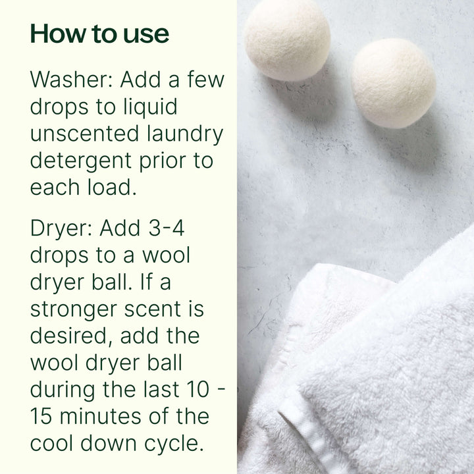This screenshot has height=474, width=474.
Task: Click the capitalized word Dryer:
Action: point(61,228)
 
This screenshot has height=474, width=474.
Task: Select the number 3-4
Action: point(167,228)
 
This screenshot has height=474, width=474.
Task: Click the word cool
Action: point(53,442)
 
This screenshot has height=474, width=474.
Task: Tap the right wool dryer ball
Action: point(393,83)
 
